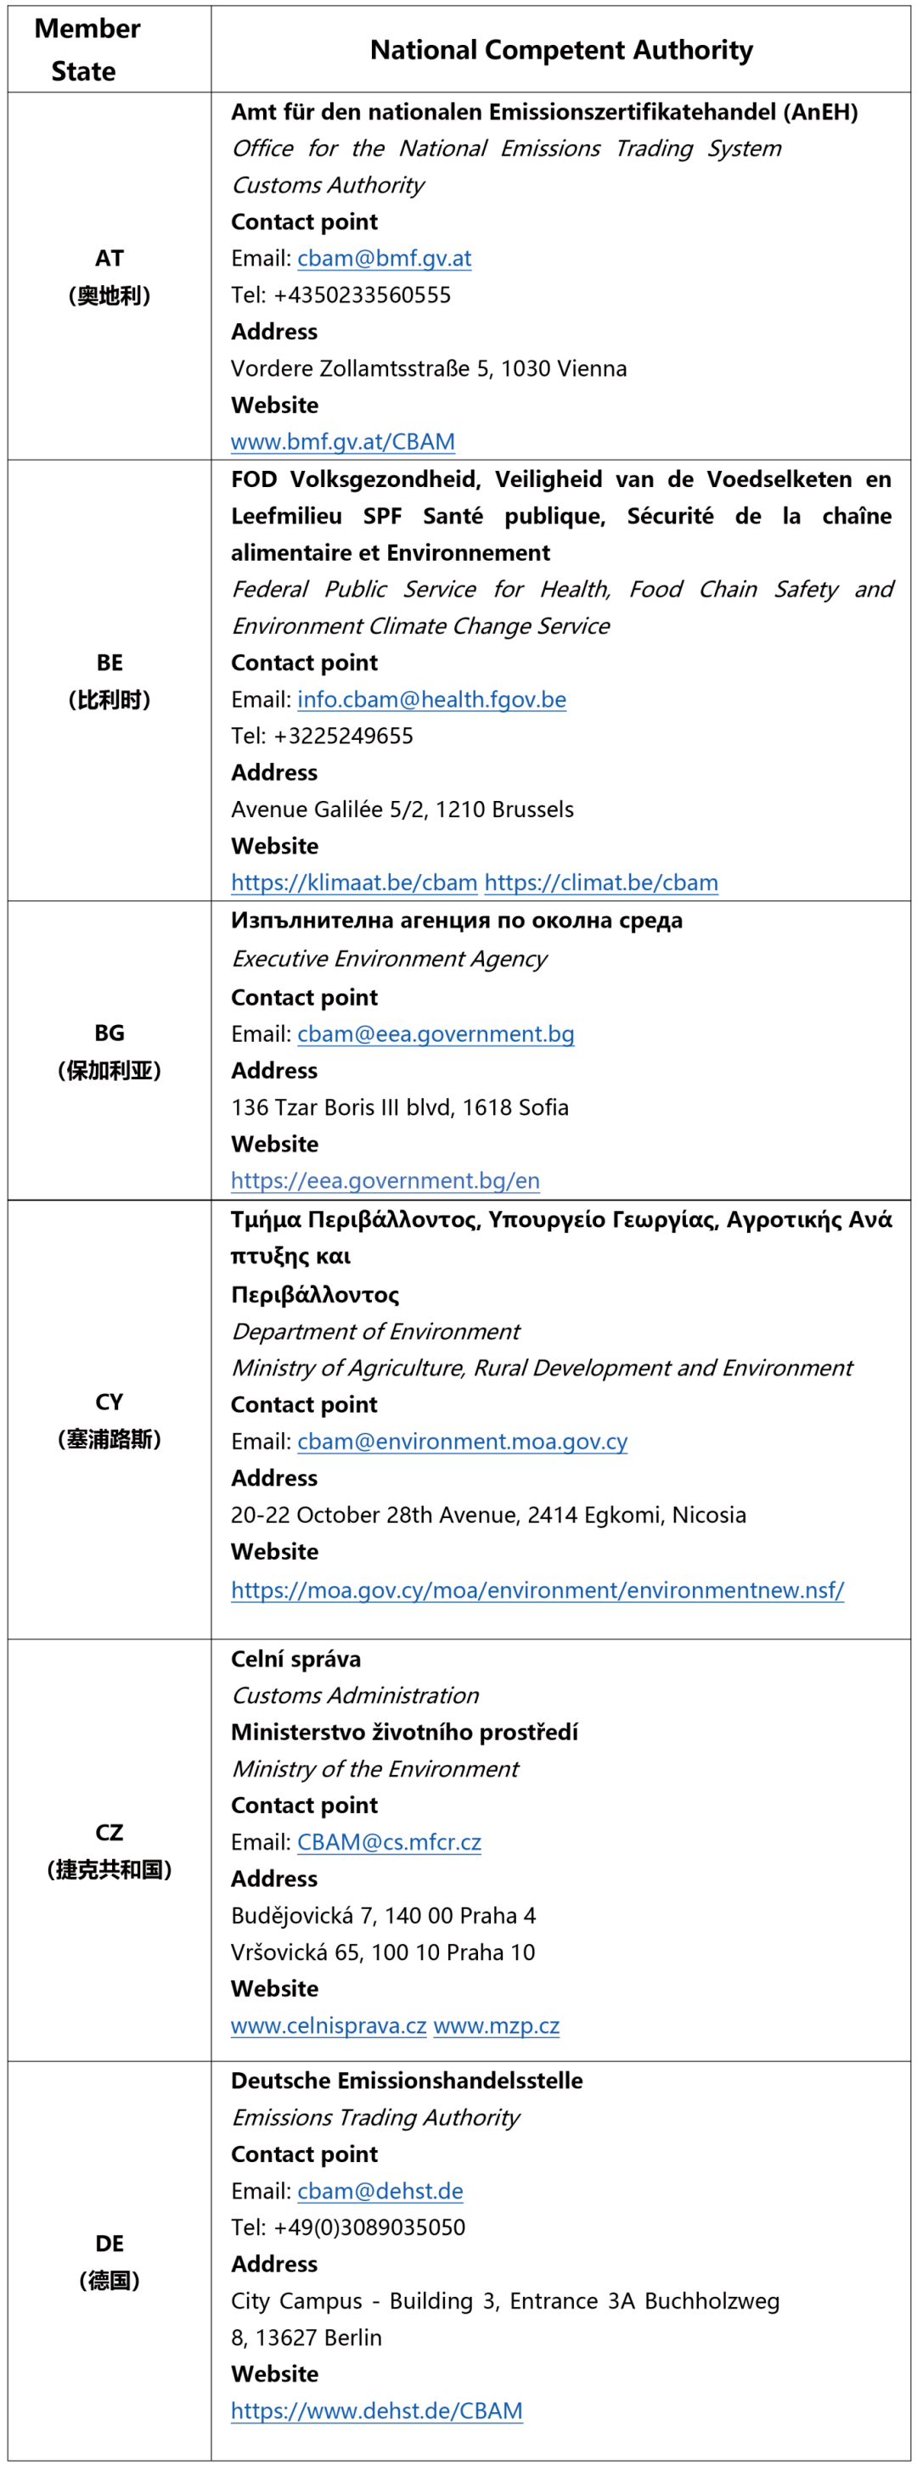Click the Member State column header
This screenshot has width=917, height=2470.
[87, 49]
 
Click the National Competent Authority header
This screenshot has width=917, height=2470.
[561, 50]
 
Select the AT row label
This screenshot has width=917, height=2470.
[110, 258]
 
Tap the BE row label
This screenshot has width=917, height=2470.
[110, 663]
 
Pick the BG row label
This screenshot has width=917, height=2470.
[110, 1033]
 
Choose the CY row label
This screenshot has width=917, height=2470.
[110, 1402]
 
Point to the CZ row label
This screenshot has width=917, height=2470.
[110, 1833]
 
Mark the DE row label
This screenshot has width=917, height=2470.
[110, 2243]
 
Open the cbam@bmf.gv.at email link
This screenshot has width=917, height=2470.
[384, 258]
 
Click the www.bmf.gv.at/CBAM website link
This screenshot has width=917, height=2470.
[342, 442]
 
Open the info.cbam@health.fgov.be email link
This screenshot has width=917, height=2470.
[431, 700]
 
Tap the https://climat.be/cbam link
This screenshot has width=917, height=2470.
[600, 883]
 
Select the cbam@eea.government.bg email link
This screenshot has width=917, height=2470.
[436, 1034]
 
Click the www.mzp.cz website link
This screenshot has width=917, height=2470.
[496, 2026]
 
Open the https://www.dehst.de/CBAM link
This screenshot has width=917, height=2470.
[376, 2411]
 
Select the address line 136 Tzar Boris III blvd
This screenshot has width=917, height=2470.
[399, 1107]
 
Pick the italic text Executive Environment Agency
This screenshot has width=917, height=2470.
[389, 959]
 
